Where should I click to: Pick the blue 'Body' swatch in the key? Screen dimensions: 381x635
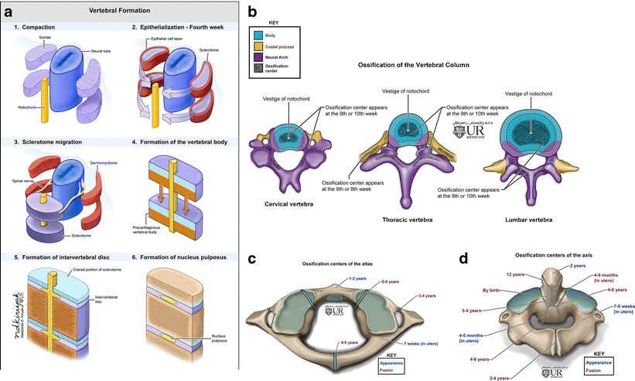[261, 36]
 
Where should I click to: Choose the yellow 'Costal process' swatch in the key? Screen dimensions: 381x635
[261, 46]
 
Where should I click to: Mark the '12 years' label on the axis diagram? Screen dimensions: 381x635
[505, 274]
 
